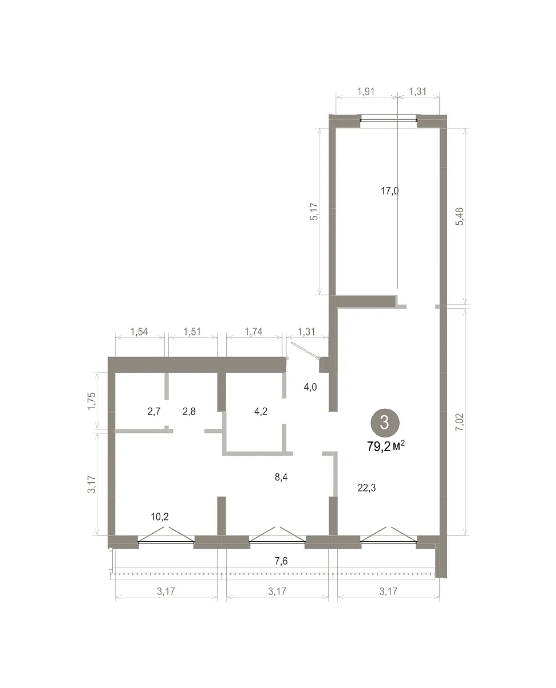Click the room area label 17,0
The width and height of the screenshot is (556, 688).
pos(389,191)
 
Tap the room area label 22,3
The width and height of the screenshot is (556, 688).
pos(366,488)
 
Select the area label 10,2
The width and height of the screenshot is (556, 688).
pos(160,517)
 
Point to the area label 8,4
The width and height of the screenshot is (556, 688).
pos(281,477)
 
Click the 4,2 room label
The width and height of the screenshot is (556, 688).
pos(261,412)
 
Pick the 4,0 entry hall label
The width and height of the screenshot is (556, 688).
pos(310,386)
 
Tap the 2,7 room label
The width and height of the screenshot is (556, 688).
pos(154,412)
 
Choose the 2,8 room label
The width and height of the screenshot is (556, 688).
pos(189,412)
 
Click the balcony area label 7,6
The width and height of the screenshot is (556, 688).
pos(281,561)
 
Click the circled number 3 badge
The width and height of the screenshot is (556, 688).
pos(385,422)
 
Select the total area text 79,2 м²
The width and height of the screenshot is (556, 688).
pos(386,447)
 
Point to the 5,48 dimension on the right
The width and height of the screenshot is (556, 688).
pos(460,216)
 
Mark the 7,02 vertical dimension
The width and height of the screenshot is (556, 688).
pos(460,422)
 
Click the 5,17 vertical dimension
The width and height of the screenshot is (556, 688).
pos(314,212)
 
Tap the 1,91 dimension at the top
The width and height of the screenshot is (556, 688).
pos(366,91)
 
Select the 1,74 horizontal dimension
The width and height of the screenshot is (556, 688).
pos(254,331)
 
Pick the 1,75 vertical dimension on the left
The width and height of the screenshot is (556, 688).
pos(91,401)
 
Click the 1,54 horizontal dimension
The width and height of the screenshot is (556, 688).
pos(139,331)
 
